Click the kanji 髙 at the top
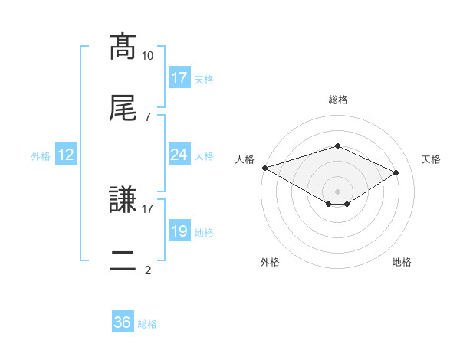123,47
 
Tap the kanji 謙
123,200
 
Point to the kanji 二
123,260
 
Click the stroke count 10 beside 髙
148,56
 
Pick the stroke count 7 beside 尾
148,116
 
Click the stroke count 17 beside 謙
148,208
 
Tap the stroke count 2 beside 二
148,269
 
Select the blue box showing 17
179,78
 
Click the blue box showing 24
179,155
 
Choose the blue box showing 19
179,231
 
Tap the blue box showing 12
66,155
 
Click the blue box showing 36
123,322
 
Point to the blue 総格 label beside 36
147,324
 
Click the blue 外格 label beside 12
41,156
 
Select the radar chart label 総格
337,100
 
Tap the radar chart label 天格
431,159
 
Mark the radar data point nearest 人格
264,168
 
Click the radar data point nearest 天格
396,172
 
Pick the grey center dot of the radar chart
337,191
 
